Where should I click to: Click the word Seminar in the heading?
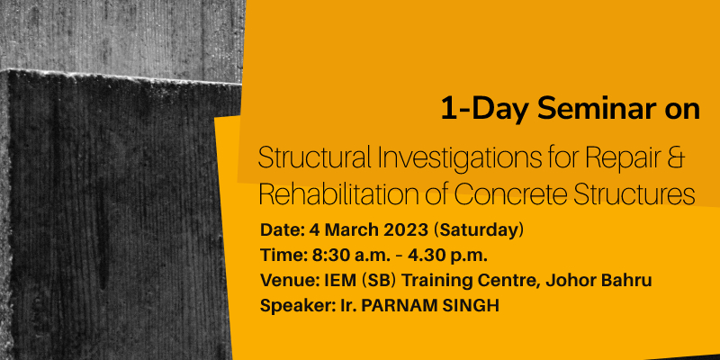(598, 109)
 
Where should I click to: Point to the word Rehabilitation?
(341, 194)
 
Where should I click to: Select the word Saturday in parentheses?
(479, 230)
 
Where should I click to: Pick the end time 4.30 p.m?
(447, 256)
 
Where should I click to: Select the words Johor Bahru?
(598, 280)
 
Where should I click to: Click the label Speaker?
(294, 306)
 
